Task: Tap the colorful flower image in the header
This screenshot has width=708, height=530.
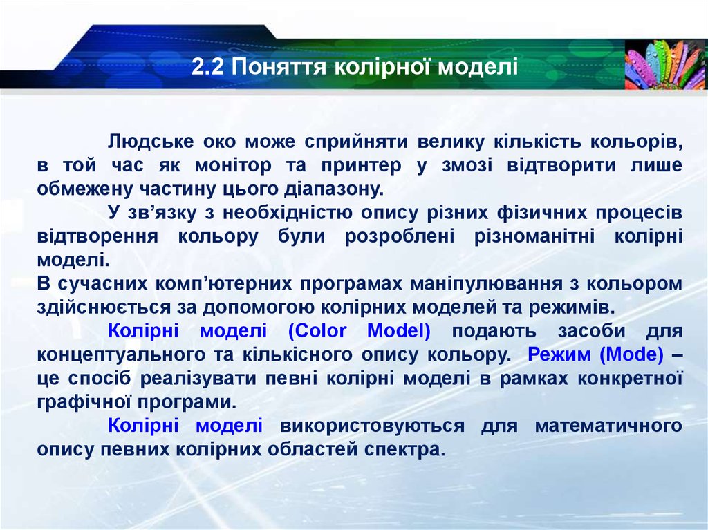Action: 665,64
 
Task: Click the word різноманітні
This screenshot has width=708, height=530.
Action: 534,236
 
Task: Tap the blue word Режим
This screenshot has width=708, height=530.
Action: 560,354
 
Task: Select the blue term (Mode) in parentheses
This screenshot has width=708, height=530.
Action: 632,354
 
